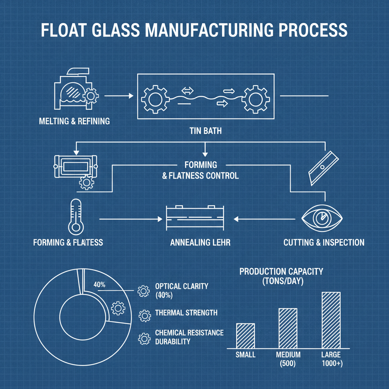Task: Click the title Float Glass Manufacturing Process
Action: (x=194, y=30)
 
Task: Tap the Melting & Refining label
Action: (x=74, y=121)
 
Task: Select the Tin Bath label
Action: (x=205, y=131)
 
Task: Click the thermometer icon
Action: (x=76, y=217)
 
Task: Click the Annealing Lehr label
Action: (x=200, y=242)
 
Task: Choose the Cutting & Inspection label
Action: (x=324, y=242)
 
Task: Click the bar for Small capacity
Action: (x=245, y=335)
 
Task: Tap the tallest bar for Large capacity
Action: (x=331, y=320)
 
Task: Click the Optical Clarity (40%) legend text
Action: (x=182, y=291)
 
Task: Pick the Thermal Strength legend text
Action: (x=186, y=313)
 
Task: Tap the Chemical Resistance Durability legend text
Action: (x=189, y=337)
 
